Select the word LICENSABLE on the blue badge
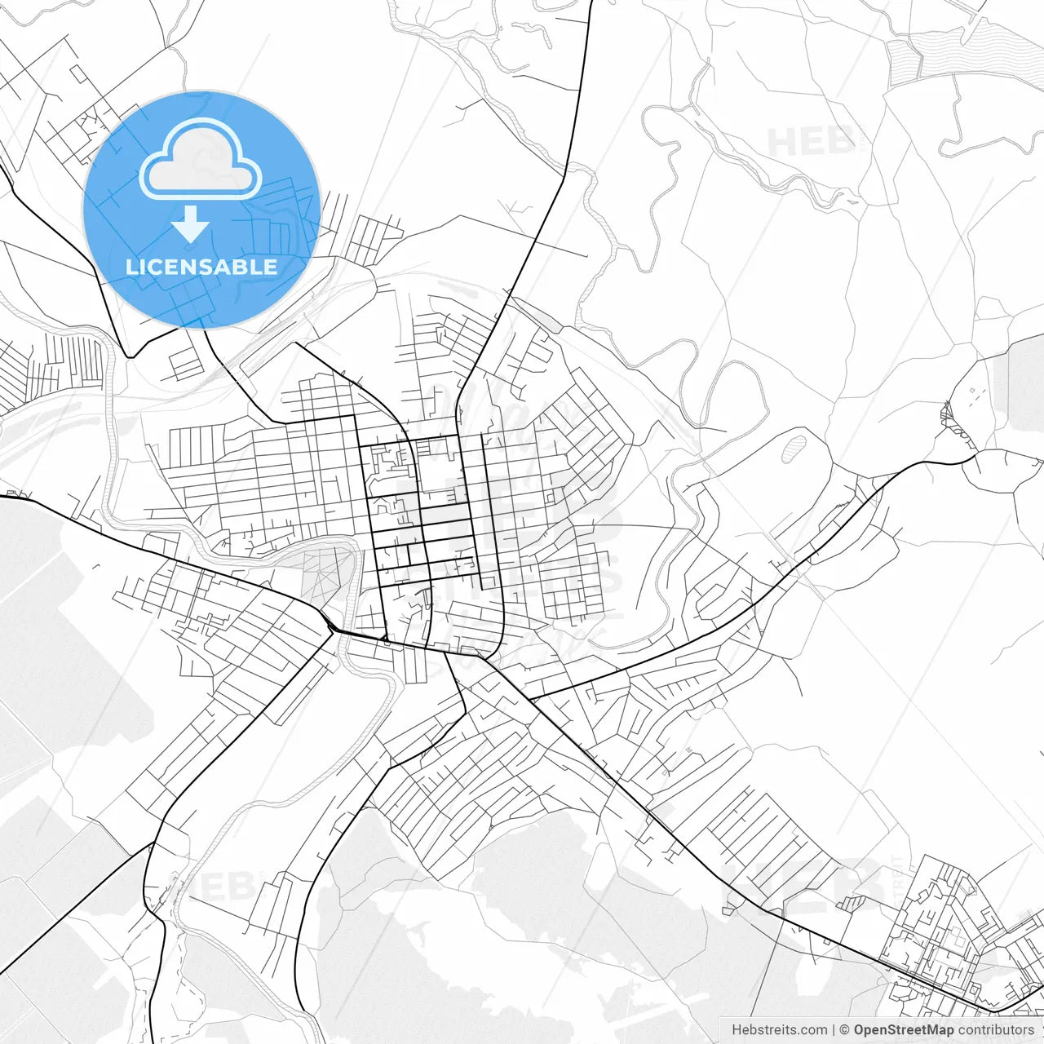(x=201, y=267)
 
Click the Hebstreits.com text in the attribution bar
(x=779, y=1030)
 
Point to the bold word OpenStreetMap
(x=904, y=1030)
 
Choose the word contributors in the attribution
(x=996, y=1030)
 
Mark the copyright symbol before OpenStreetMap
(x=845, y=1030)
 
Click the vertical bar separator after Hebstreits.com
(x=834, y=1030)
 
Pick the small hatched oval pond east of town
(x=794, y=449)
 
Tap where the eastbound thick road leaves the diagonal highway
(x=530, y=700)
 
